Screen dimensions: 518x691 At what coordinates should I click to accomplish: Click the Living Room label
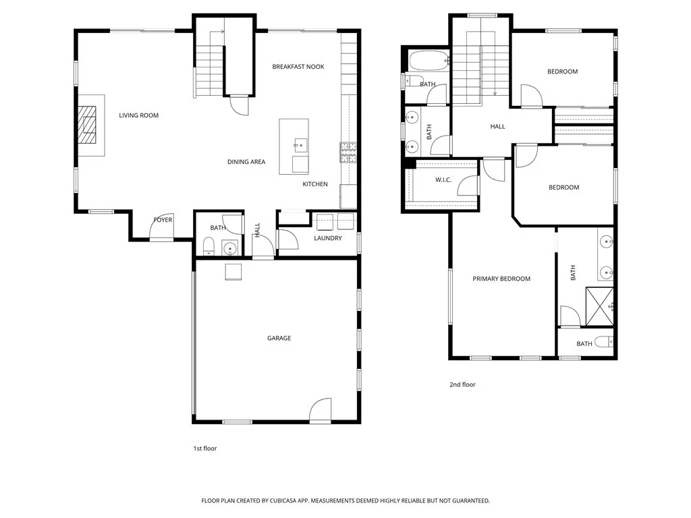[138, 115]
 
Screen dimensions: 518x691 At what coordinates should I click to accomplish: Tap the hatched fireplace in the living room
[86, 125]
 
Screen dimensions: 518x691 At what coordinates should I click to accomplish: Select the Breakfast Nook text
[298, 67]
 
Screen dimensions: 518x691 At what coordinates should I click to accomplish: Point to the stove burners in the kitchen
[348, 152]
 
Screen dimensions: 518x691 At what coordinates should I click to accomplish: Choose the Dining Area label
[246, 162]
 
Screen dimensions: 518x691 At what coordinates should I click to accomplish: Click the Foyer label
[163, 220]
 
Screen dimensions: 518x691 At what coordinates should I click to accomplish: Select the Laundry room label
[327, 238]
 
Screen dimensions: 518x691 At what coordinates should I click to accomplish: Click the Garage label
[279, 338]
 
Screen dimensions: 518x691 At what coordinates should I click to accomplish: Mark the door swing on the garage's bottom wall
[321, 410]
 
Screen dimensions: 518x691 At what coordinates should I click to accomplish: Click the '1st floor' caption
[205, 448]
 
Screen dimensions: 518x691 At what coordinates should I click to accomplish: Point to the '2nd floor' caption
[462, 384]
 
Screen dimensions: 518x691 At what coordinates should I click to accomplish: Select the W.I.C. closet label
[443, 179]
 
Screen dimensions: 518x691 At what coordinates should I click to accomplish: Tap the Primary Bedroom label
[501, 279]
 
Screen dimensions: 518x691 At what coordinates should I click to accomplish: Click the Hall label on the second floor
[497, 126]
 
